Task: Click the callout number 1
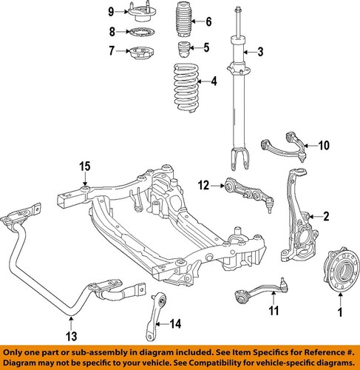tap(340, 323)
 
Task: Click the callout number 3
tap(259, 52)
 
